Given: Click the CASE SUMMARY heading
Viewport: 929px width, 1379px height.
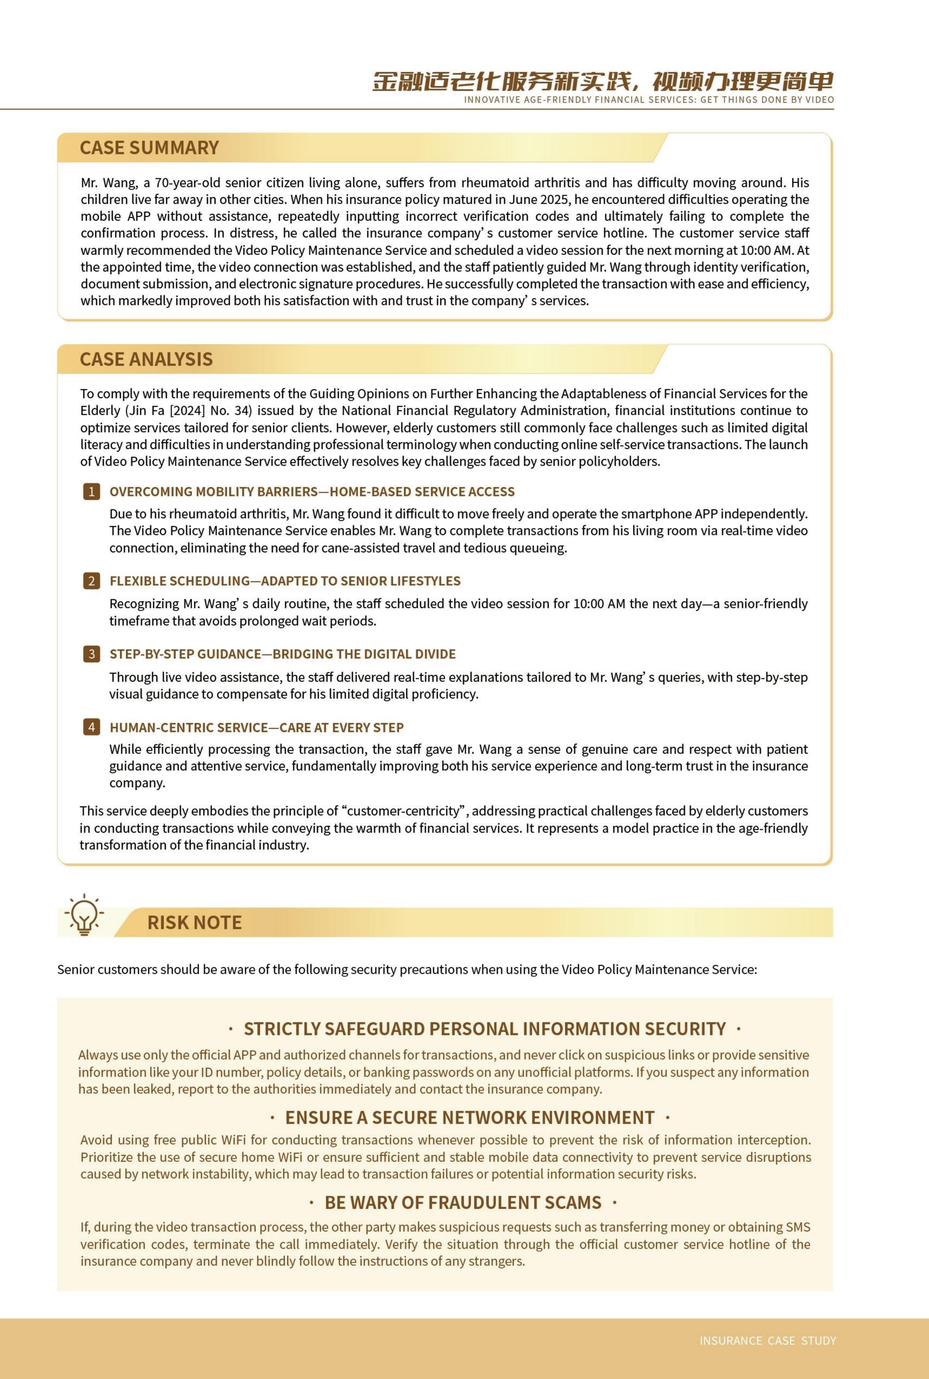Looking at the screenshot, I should pos(149,147).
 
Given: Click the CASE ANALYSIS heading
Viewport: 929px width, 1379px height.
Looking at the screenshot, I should pos(146,359).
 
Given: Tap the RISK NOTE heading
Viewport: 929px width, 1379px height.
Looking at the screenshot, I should pos(194,922).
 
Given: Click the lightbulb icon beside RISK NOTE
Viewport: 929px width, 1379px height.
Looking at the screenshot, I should pos(84,916).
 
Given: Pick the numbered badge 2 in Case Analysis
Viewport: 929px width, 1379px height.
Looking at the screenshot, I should pos(91,581).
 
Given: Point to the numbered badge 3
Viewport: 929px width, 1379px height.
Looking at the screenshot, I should pos(91,654).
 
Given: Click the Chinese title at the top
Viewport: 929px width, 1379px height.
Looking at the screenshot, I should pos(602,81).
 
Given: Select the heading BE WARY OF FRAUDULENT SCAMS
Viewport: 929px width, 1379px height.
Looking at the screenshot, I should pos(463,1202).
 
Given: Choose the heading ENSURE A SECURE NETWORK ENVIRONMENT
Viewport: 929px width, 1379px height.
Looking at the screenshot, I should pos(470,1118).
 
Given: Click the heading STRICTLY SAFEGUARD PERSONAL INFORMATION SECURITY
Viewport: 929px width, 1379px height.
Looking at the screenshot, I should pos(485,1029).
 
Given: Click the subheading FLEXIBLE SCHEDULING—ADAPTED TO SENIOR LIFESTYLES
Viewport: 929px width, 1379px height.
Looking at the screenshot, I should pos(285,581).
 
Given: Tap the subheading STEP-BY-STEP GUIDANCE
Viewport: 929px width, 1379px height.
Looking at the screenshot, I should pos(283,654).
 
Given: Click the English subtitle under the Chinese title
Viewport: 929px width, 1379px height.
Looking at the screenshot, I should pos(649,100).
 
